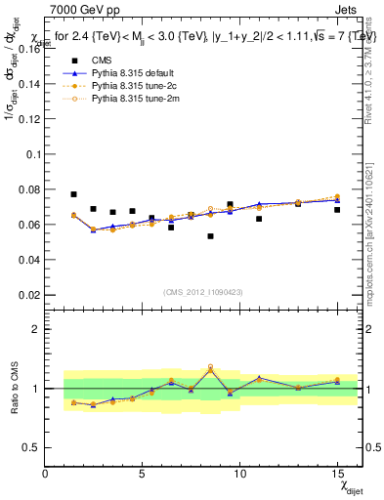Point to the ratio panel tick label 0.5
tap(30, 447)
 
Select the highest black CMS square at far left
tap(73, 194)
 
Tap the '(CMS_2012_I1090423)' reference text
tap(202, 292)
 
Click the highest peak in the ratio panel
tap(210, 368)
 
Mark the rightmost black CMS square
tap(337, 210)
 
